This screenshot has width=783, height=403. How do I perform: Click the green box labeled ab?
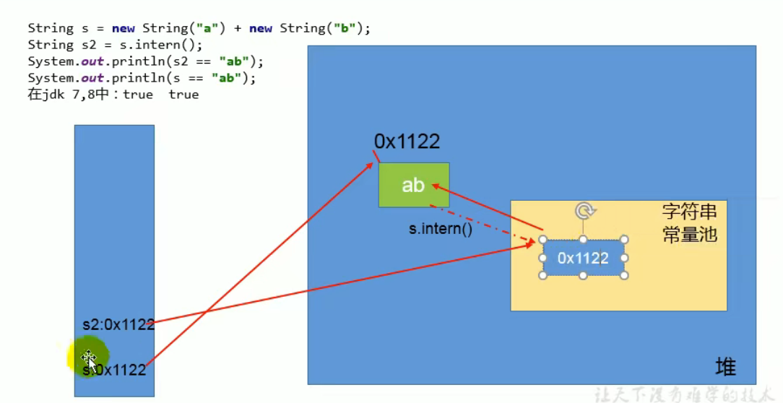[x=413, y=185]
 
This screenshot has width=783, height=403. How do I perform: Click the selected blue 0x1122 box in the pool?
[x=583, y=258]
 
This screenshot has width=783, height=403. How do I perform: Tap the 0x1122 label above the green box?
[x=407, y=142]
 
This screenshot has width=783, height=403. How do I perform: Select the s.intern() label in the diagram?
[x=440, y=230]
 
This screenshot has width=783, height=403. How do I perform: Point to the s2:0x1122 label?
[x=118, y=325]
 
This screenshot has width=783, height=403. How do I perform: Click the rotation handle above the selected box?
[x=584, y=211]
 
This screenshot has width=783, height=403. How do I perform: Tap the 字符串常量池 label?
[x=689, y=223]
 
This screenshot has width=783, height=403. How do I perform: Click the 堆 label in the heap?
[x=725, y=368]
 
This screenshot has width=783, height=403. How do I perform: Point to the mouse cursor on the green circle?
[x=89, y=357]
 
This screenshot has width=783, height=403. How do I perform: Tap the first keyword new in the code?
[x=123, y=29]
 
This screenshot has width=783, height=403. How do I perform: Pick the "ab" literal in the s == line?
[x=226, y=78]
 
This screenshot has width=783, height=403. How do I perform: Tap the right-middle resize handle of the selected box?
[x=625, y=258]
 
